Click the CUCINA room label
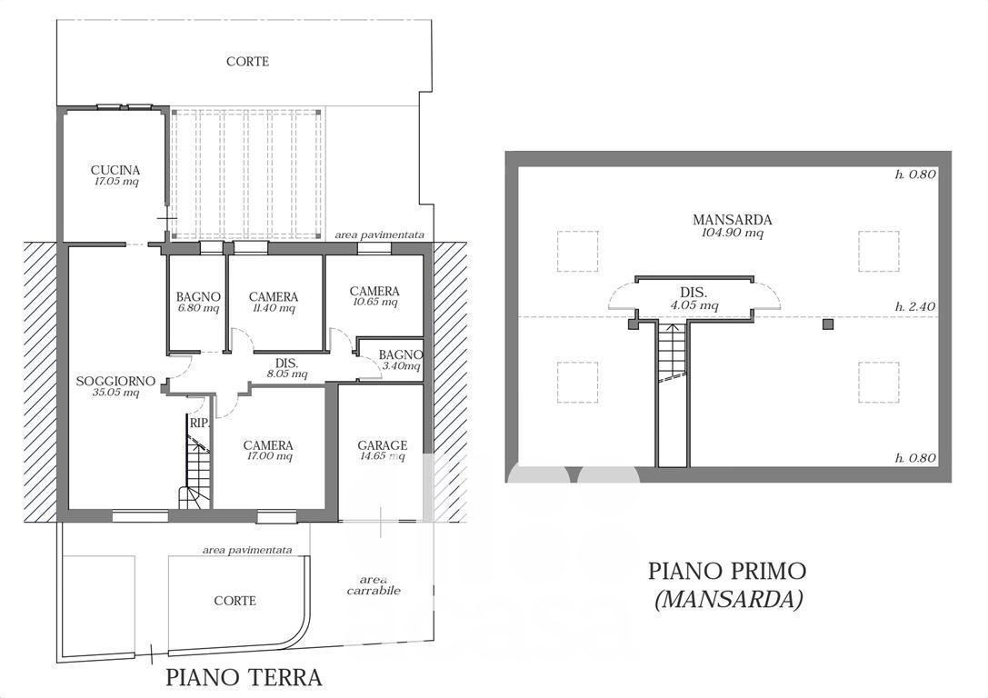click(115, 170)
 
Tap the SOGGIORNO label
click(115, 381)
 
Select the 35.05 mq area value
click(115, 393)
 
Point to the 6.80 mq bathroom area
click(198, 308)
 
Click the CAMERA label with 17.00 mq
click(268, 445)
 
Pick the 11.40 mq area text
click(273, 308)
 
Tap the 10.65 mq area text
click(374, 302)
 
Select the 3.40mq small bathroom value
click(400, 365)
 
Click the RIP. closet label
click(199, 423)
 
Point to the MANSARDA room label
click(733, 220)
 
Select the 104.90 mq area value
click(733, 233)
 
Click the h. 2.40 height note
click(915, 307)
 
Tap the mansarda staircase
click(673, 352)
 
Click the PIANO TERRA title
click(244, 677)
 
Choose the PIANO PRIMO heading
click(727, 571)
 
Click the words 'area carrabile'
click(374, 584)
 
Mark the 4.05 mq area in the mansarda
click(694, 306)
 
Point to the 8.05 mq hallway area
click(286, 374)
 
